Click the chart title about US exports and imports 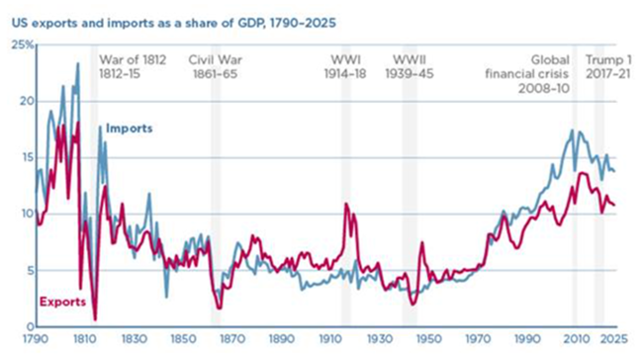point(174,23)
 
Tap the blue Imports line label point(130,129)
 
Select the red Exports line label point(62,302)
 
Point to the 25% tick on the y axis point(23,45)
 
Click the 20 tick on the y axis point(27,101)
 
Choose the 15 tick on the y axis point(28,158)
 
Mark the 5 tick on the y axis point(31,271)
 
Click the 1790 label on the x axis point(36,339)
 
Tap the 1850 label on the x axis point(183,339)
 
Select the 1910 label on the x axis point(330,339)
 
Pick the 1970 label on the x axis point(478,339)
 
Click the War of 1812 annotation point(133,67)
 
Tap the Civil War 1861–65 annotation point(216,67)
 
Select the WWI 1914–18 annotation point(345,67)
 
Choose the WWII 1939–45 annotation point(410,67)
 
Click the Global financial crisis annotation point(527,74)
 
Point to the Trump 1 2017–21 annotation point(608,67)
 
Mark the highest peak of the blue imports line point(78,63)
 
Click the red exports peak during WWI point(346,204)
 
